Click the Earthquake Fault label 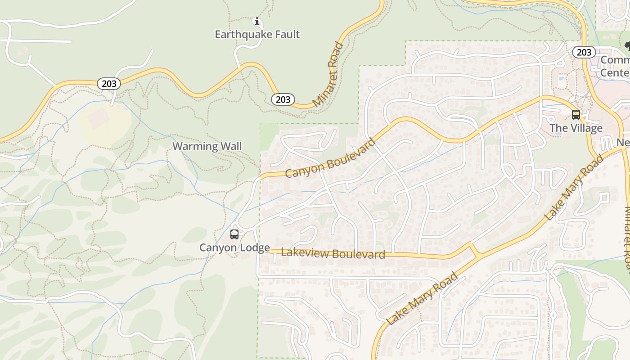257,34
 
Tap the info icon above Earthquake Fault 257,21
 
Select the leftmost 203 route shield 109,83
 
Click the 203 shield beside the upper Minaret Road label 283,99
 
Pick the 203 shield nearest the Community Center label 584,52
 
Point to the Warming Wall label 207,146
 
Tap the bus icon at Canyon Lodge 234,234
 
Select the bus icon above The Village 576,114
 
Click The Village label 576,128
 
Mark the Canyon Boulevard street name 330,158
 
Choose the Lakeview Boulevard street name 333,253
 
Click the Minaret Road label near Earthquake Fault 328,74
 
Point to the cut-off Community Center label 615,66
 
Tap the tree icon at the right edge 627,46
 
